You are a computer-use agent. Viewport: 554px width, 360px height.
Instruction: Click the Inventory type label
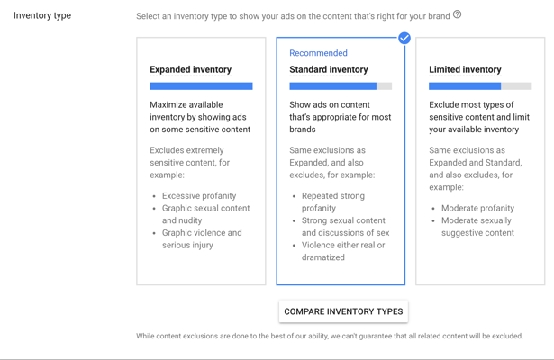pyautogui.click(x=42, y=15)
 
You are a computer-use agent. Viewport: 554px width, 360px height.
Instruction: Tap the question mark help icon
pyautogui.click(x=458, y=14)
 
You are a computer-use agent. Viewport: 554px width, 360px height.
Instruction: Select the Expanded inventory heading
pyautogui.click(x=190, y=69)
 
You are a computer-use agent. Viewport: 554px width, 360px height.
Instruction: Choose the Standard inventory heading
pyautogui.click(x=329, y=69)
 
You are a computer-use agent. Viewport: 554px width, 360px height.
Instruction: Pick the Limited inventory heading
pyautogui.click(x=465, y=69)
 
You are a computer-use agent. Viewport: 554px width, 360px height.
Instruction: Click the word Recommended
pyautogui.click(x=318, y=53)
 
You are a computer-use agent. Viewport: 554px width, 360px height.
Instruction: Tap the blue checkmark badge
pyautogui.click(x=404, y=38)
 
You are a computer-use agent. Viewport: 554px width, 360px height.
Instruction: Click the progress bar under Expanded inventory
pyautogui.click(x=201, y=86)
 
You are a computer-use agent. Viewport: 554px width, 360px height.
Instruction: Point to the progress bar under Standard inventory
pyautogui.click(x=341, y=86)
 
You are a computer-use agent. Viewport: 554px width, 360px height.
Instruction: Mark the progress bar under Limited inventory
pyautogui.click(x=480, y=86)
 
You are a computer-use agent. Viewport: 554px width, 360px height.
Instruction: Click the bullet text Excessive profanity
pyautogui.click(x=199, y=196)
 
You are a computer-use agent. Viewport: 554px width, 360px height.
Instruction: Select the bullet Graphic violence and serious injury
pyautogui.click(x=202, y=238)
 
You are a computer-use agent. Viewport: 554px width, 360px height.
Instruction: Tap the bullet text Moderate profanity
pyautogui.click(x=477, y=208)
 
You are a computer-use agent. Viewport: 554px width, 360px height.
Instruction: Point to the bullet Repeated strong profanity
pyautogui.click(x=332, y=202)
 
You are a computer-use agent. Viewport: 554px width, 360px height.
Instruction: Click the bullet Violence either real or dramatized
pyautogui.click(x=343, y=251)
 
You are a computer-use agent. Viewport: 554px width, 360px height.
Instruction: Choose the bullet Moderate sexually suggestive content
pyautogui.click(x=477, y=227)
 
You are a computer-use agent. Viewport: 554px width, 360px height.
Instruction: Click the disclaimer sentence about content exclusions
pyautogui.click(x=330, y=336)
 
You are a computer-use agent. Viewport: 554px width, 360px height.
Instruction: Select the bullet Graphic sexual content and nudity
pyautogui.click(x=205, y=214)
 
